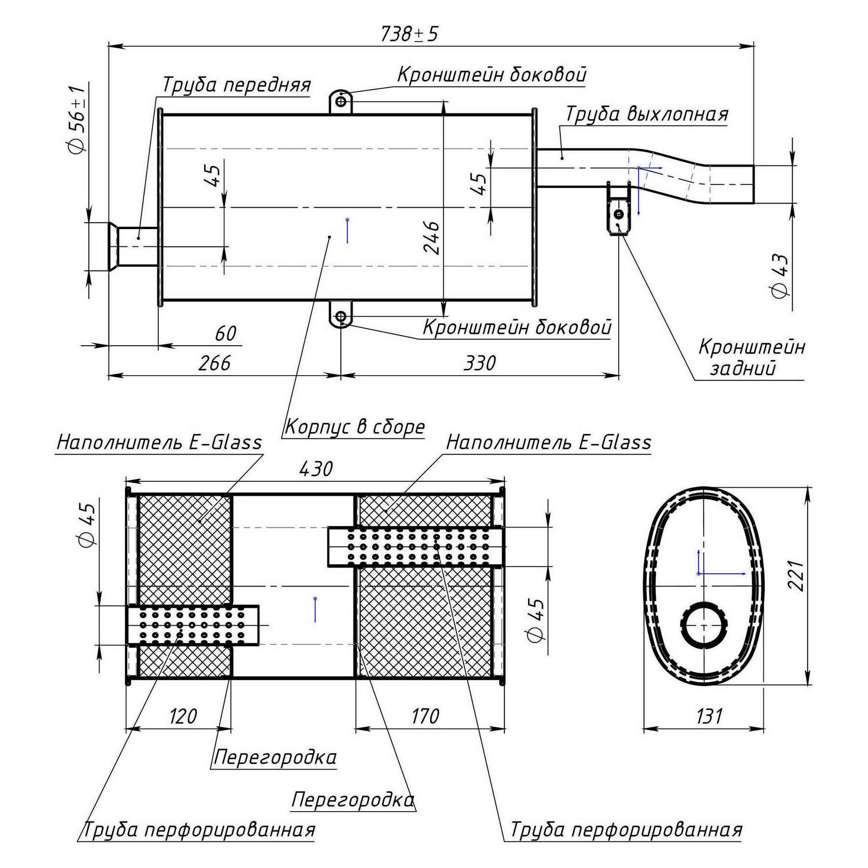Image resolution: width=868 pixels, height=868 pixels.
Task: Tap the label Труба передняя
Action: tap(236, 85)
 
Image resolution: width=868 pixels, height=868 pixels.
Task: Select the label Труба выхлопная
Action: tap(646, 114)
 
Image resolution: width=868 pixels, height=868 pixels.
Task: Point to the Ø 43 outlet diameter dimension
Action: tap(780, 276)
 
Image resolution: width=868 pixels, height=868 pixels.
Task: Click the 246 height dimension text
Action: tap(432, 237)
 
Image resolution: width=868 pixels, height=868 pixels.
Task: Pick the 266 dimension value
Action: tap(215, 363)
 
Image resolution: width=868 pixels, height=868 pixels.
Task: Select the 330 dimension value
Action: tap(479, 363)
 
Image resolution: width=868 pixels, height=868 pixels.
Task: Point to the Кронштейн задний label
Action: tap(750, 357)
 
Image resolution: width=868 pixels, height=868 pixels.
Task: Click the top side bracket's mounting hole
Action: tap(341, 102)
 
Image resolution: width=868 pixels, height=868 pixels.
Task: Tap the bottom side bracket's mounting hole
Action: tap(341, 317)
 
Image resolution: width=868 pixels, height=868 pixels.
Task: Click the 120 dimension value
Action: tap(183, 717)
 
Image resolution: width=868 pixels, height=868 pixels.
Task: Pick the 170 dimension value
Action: tap(425, 717)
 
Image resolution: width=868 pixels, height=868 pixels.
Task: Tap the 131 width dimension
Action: tap(709, 717)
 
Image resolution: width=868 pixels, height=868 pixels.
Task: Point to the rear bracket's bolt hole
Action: tap(619, 214)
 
